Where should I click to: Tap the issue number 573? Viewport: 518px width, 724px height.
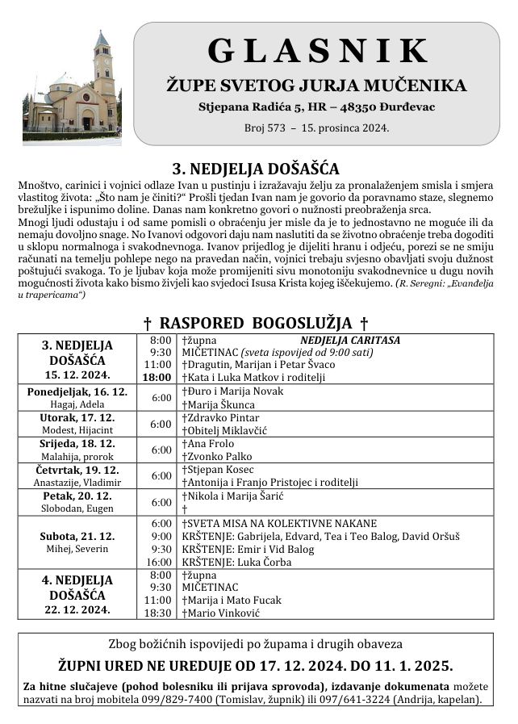click(x=284, y=128)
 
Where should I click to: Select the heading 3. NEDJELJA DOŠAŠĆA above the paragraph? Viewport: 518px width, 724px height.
click(x=256, y=169)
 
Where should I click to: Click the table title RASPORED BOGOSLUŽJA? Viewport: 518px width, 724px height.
click(x=256, y=324)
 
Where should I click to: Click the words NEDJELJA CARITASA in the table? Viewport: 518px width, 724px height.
click(x=350, y=340)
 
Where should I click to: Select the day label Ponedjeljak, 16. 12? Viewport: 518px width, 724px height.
click(x=77, y=391)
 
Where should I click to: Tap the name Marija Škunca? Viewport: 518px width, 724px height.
click(x=219, y=404)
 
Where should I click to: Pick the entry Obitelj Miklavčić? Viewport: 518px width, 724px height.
click(x=225, y=430)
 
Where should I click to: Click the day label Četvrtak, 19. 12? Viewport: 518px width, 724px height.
click(x=77, y=469)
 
